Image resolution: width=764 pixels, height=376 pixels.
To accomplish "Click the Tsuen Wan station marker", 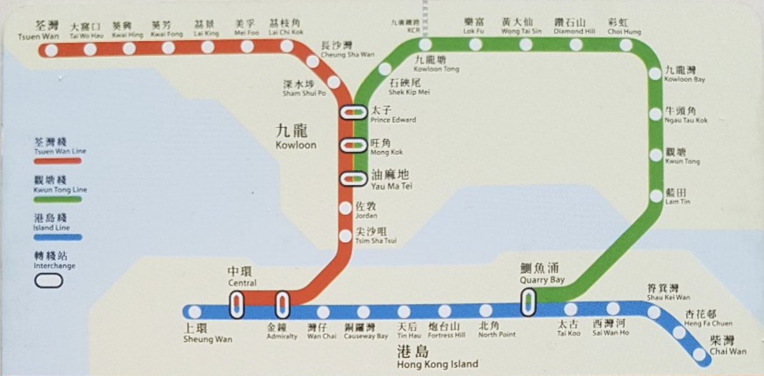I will (51, 50).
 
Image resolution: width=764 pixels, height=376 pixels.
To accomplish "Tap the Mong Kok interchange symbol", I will (353, 146).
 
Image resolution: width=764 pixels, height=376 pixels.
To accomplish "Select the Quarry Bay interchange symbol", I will (528, 302).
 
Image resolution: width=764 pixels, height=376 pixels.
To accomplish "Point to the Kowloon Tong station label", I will (436, 64).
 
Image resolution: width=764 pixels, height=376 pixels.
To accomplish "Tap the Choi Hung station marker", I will (626, 45).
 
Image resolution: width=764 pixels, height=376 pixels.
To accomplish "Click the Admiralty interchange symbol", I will (282, 305).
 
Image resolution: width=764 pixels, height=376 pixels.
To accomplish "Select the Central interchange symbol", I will (236, 305).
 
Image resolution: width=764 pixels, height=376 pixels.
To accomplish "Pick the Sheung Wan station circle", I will (195, 312).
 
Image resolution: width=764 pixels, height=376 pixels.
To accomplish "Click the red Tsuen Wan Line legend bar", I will (58, 162).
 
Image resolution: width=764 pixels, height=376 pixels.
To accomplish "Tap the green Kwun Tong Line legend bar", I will (58, 200).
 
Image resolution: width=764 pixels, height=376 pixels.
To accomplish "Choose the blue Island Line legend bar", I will (58, 237).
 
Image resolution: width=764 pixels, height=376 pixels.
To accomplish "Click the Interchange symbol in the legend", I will (50, 280).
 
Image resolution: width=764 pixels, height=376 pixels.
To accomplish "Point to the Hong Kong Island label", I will (428, 358).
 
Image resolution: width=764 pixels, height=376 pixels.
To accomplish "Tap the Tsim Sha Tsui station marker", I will (345, 236).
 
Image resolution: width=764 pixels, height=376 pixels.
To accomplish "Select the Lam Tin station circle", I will (656, 196).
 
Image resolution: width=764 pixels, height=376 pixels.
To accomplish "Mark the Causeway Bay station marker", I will (364, 312).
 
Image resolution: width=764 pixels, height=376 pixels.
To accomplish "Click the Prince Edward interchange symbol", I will (353, 113).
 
